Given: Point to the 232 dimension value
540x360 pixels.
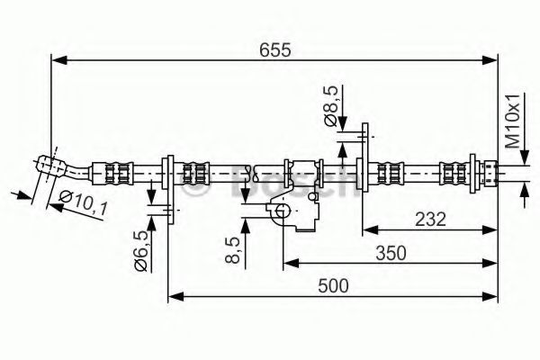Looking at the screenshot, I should pyautogui.click(x=430, y=219).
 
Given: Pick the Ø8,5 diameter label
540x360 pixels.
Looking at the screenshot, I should pyautogui.click(x=330, y=105).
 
